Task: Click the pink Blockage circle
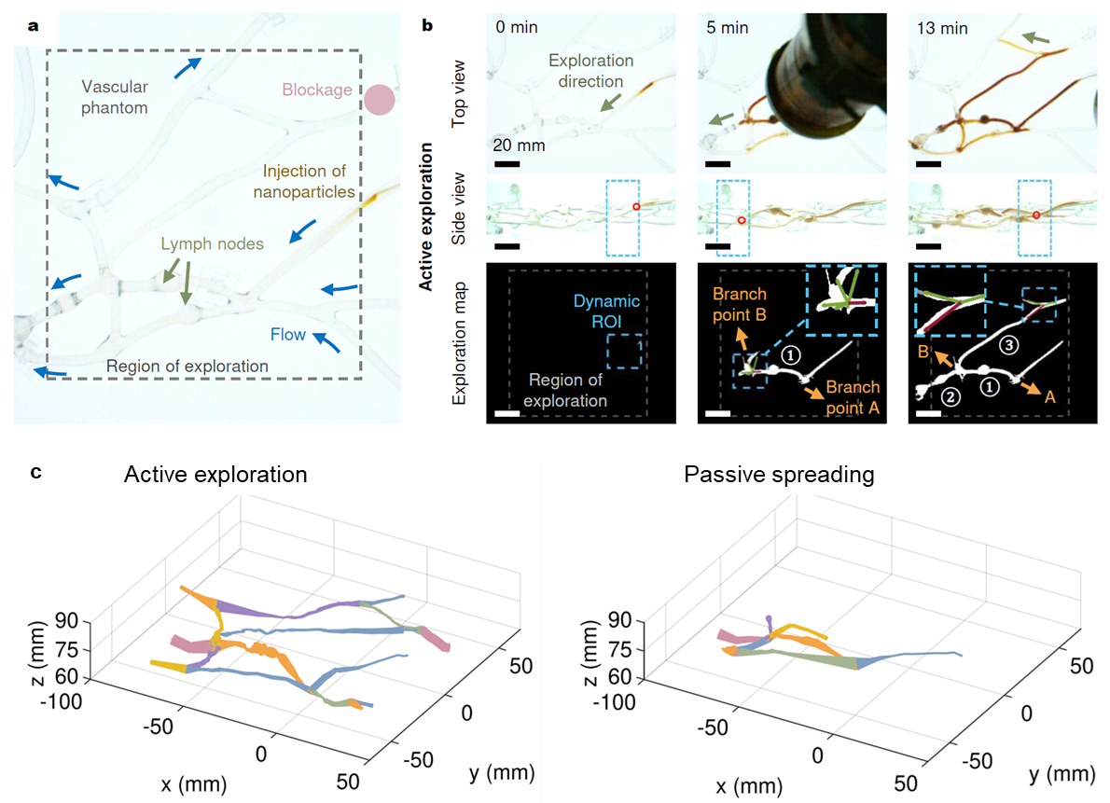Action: (x=380, y=100)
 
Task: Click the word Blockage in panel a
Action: (x=317, y=90)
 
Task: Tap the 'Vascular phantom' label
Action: (x=115, y=98)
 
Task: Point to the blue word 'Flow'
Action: (x=288, y=334)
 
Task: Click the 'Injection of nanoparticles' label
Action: (x=309, y=182)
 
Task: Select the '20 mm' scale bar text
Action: (x=520, y=145)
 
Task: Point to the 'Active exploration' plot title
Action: (x=216, y=475)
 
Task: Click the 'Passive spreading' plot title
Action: (x=779, y=475)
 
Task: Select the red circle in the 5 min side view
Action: (x=741, y=221)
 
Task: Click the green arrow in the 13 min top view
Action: (x=1033, y=37)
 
